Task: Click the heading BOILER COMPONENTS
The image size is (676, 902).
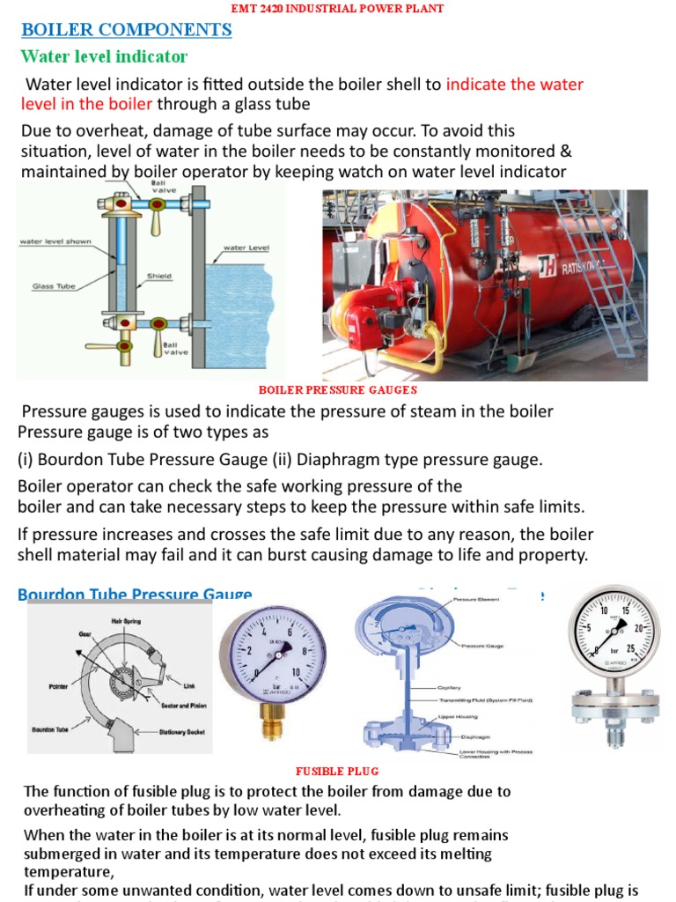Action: pos(126,30)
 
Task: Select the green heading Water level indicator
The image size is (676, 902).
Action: pos(104,57)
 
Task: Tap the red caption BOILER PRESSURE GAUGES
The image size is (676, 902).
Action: pos(337,389)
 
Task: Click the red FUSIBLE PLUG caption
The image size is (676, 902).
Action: pos(338,772)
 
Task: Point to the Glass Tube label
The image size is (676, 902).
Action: pos(55,286)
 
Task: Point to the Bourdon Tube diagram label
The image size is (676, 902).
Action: pos(50,730)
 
